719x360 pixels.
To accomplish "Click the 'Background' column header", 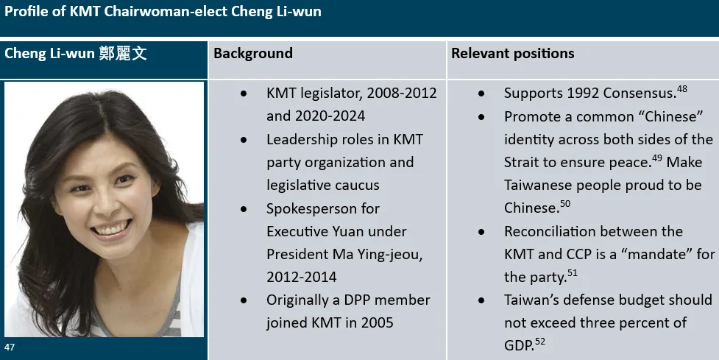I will (253, 54).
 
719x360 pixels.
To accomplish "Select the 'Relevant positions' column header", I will (512, 54).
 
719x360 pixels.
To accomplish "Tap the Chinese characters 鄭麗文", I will (122, 54).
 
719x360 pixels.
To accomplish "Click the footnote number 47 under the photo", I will (10, 346).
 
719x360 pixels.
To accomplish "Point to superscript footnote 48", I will (682, 90).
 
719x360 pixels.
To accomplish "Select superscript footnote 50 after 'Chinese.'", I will (564, 204).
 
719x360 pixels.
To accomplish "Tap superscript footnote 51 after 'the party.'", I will (572, 273).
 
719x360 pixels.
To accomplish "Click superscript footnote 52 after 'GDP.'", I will (540, 341).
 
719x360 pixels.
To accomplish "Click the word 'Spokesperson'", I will (313, 208).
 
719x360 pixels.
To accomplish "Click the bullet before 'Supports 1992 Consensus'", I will (481, 94).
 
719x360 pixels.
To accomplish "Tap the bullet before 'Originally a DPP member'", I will (244, 300).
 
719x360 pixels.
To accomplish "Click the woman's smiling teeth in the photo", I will (111, 230).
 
